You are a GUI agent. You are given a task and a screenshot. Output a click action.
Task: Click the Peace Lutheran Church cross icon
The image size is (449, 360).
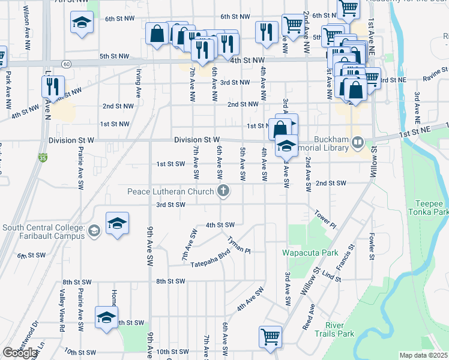223,191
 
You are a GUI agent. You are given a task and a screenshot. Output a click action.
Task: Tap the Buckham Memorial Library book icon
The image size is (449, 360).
358,142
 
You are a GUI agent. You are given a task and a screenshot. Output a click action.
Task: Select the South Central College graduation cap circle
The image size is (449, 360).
94,231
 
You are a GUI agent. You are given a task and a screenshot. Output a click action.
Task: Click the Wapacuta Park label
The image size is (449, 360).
310,253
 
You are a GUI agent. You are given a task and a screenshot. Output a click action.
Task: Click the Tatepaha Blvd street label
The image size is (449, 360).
210,263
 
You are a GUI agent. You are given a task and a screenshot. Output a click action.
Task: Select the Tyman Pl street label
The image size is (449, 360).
238,244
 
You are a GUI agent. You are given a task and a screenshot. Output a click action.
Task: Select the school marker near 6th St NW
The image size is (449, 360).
82,23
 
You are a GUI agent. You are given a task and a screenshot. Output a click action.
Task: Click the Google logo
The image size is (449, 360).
19,353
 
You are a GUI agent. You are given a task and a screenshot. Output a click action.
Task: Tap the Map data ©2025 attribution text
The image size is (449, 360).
424,355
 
